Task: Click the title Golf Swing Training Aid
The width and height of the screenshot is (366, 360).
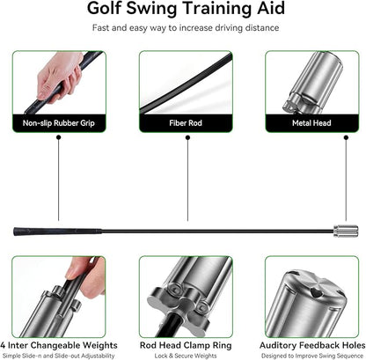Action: coord(183,11)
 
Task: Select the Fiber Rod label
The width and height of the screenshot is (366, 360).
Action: coord(183,123)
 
